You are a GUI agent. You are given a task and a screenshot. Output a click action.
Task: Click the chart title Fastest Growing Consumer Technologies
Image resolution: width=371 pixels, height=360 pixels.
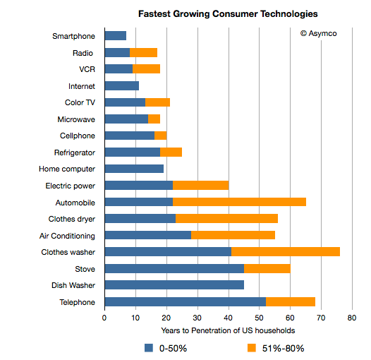[x=227, y=13]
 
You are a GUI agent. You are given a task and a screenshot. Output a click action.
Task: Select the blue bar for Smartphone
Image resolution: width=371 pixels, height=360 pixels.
[x=115, y=36]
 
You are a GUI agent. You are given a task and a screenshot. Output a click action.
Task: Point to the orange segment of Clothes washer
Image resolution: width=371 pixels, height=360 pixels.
[x=286, y=252]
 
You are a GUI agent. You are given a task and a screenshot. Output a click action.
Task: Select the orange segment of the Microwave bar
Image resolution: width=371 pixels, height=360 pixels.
[x=154, y=119]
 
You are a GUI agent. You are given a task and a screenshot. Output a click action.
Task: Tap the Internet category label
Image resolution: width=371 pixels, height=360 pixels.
[x=81, y=86]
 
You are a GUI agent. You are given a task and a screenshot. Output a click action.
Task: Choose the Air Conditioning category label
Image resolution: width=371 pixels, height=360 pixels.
[x=64, y=236]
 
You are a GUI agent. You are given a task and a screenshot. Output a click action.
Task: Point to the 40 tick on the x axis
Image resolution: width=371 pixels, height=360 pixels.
[x=228, y=318]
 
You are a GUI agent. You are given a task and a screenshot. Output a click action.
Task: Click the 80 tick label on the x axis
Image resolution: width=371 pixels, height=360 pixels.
[x=351, y=318]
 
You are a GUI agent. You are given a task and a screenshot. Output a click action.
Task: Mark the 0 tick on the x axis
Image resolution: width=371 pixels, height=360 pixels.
[x=104, y=318]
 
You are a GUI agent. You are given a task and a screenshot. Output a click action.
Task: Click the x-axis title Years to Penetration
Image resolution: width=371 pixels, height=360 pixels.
[x=227, y=330]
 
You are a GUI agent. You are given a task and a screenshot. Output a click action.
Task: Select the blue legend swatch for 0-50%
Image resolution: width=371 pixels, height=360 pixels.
[x=149, y=347]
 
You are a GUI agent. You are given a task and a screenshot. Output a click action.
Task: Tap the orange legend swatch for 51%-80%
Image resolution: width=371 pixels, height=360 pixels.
[x=252, y=347]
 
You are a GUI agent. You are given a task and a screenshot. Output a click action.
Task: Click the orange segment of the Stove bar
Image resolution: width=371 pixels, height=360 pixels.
[x=267, y=269]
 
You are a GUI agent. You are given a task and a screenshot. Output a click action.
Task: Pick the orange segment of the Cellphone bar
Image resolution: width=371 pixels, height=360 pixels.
[x=160, y=136]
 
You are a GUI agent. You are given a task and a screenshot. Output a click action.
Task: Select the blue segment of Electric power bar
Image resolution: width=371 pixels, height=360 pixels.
[x=138, y=186]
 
